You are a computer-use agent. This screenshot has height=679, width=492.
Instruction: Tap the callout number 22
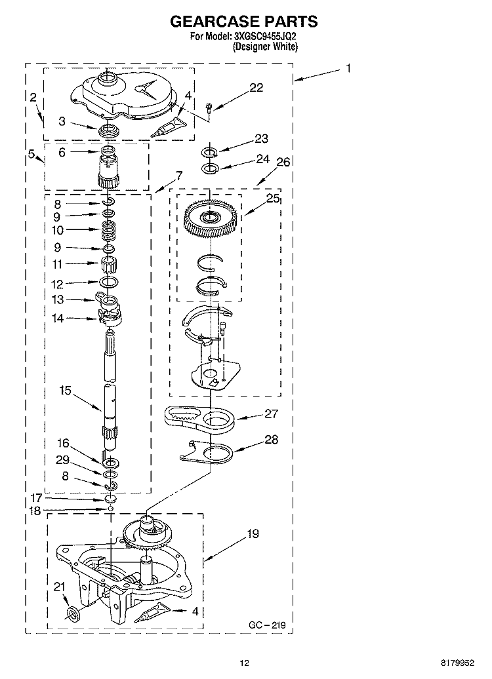point(256,87)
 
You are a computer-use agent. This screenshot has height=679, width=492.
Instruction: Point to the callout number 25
point(273,198)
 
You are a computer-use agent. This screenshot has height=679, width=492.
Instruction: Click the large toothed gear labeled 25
point(211,219)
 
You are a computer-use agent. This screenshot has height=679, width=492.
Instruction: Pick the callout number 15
point(65,390)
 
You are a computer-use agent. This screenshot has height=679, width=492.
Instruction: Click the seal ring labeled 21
point(74,613)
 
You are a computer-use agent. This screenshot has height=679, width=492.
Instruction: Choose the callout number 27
point(271,414)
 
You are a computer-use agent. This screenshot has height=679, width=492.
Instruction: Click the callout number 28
point(272,440)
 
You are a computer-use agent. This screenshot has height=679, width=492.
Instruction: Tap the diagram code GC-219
point(267,625)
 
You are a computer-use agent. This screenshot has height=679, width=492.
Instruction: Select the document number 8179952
point(457,663)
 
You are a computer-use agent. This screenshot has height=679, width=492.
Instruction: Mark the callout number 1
point(348,68)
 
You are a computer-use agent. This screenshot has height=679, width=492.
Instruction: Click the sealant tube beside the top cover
point(168,127)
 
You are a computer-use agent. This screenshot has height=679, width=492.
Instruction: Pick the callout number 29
point(62,460)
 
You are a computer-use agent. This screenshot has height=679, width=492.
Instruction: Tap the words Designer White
point(265,47)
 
